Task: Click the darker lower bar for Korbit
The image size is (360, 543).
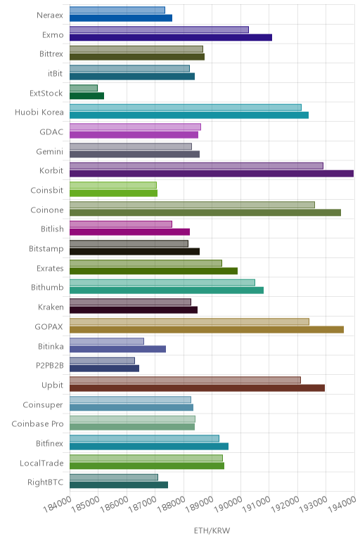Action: click(212, 174)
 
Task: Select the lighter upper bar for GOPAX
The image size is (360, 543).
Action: click(189, 321)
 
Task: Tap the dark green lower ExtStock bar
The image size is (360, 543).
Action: click(87, 96)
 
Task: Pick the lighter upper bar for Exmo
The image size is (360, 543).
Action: click(159, 30)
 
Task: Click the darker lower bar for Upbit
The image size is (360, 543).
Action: click(198, 388)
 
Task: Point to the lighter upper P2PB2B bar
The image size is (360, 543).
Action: click(102, 361)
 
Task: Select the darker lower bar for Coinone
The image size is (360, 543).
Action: click(205, 212)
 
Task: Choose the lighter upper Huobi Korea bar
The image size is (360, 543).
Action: click(186, 108)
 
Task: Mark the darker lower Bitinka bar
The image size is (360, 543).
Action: click(117, 349)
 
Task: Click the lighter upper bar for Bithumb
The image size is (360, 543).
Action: click(162, 283)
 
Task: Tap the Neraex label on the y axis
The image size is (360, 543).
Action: click(50, 15)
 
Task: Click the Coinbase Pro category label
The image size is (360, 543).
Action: click(37, 424)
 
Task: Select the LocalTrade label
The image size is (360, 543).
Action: click(41, 463)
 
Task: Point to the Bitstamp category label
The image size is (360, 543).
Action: click(46, 249)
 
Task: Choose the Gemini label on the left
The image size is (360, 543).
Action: click(49, 152)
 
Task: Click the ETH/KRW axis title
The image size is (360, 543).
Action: click(212, 530)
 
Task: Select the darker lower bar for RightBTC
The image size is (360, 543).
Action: click(119, 485)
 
